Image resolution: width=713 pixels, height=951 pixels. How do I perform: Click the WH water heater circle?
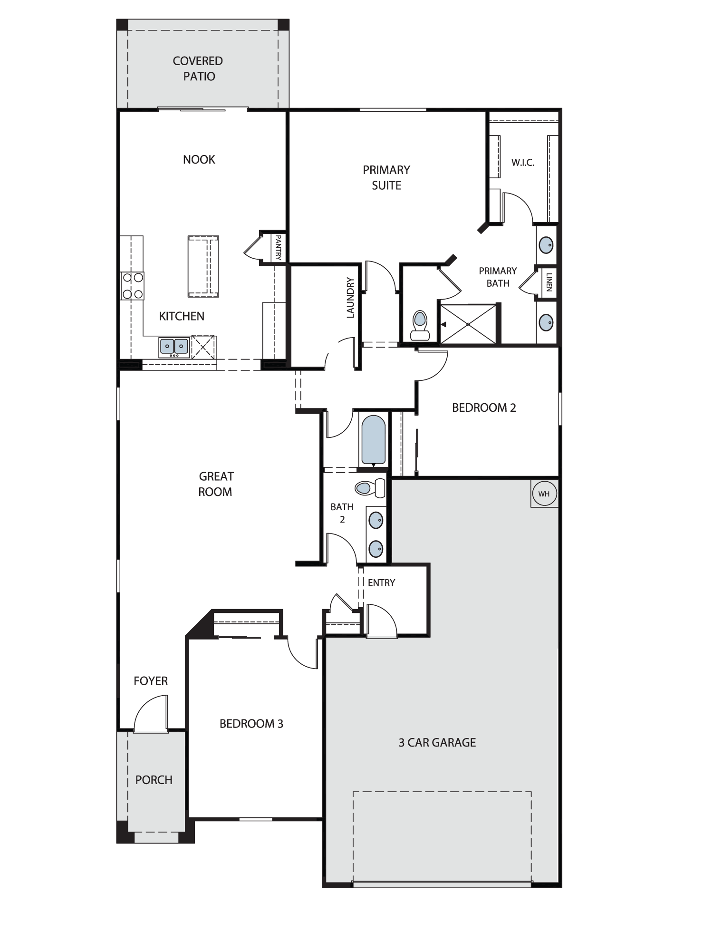544,494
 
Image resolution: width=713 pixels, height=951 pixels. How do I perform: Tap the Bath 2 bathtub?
373,440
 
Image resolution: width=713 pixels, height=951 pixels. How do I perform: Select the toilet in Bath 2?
370,488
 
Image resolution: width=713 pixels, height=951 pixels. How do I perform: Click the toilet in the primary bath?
420,325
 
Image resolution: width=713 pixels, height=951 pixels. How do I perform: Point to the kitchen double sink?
174,347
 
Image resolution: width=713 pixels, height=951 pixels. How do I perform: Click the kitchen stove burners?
133,286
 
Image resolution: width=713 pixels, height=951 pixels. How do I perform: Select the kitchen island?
203,266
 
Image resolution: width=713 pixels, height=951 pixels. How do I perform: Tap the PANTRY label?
278,247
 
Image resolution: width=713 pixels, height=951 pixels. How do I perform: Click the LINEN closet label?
549,282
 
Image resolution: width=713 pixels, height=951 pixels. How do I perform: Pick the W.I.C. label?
523,163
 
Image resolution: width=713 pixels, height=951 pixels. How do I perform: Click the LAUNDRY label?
350,298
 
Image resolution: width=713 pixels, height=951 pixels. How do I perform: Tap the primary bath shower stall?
468,324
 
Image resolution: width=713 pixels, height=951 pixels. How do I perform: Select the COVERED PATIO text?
198,68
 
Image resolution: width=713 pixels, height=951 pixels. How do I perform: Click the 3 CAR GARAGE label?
437,742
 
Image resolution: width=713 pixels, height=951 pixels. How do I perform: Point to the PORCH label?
154,780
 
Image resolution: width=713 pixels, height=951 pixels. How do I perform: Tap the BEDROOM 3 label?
251,724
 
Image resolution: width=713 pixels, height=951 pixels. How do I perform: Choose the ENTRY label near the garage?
381,583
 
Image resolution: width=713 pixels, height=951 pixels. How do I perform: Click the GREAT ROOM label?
216,484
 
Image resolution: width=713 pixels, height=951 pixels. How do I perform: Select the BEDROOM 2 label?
484,408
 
